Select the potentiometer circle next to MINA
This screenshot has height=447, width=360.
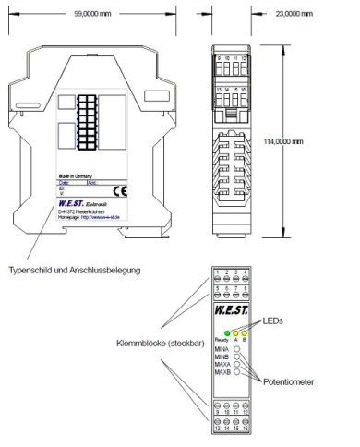(x=237, y=349)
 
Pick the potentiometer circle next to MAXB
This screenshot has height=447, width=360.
(x=237, y=374)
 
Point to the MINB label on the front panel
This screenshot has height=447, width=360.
(x=222, y=357)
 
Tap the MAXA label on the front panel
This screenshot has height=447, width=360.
(x=222, y=366)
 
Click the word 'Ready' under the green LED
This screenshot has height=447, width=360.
(x=220, y=340)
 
